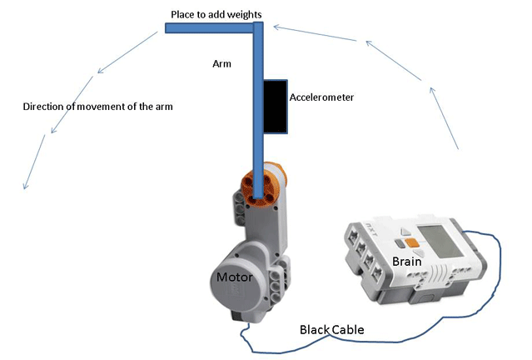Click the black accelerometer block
276,107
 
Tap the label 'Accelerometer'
321,97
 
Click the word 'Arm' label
222,62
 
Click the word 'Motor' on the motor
234,277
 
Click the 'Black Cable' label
331,329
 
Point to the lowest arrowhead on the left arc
26,184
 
